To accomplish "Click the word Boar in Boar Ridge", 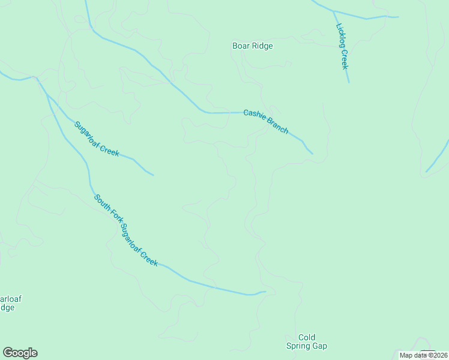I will [x=241, y=46].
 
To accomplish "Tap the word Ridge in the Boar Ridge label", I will [x=262, y=46].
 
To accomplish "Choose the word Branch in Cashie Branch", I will [x=278, y=126].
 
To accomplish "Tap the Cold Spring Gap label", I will [x=306, y=341].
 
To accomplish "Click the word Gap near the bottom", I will [x=319, y=346].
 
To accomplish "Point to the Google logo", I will [x=20, y=353].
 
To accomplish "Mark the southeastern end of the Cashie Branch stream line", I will [x=312, y=153].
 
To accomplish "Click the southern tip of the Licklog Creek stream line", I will [x=348, y=82].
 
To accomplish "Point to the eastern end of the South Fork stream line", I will [x=265, y=292].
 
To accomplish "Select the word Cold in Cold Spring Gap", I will [x=307, y=337].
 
